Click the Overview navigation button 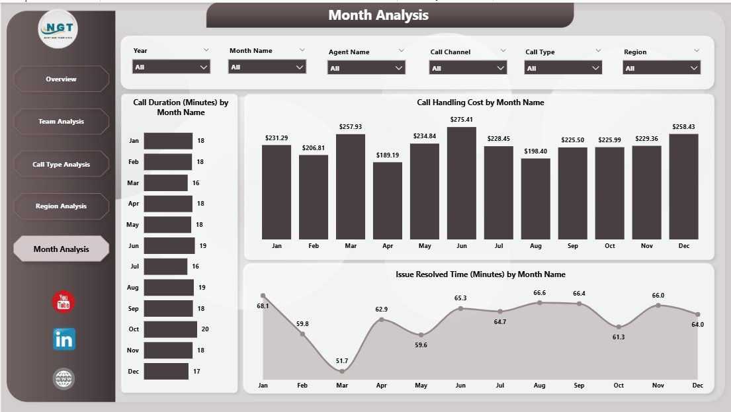point(61,79)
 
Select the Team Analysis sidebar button point(61,122)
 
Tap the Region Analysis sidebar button point(61,206)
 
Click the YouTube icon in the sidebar point(64,302)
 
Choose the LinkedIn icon point(64,339)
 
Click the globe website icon point(64,379)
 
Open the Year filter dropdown point(171,67)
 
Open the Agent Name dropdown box point(366,68)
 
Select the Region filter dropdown point(662,68)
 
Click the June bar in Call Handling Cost point(461,183)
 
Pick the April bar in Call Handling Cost point(387,200)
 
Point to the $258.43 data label point(683,127)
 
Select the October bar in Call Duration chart point(170,329)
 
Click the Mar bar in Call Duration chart point(165,183)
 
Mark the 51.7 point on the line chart point(342,372)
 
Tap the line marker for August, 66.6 point(540,302)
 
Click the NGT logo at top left point(58,30)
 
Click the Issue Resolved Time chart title point(480,274)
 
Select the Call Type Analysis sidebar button point(61,164)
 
